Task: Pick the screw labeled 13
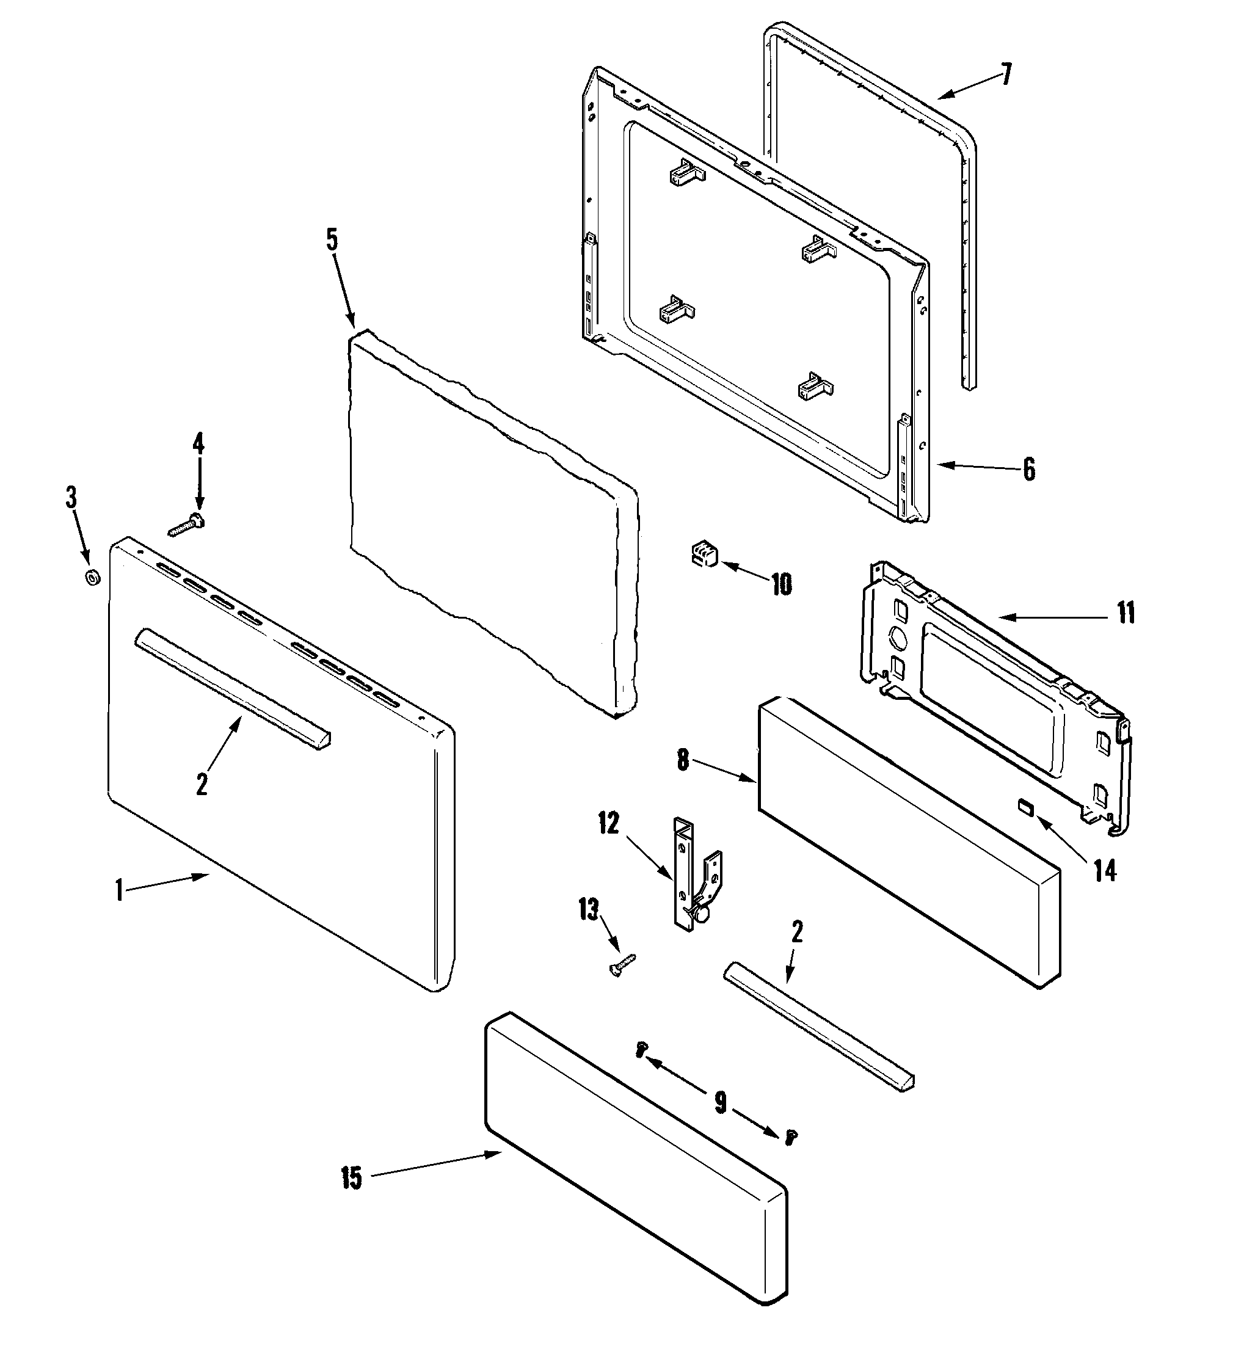(x=622, y=964)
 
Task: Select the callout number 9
(x=720, y=1101)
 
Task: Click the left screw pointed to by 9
(x=640, y=1050)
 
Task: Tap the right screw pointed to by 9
(x=790, y=1136)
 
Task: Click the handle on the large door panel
(x=231, y=688)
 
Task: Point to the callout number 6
(x=1029, y=469)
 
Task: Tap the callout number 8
(x=683, y=760)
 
